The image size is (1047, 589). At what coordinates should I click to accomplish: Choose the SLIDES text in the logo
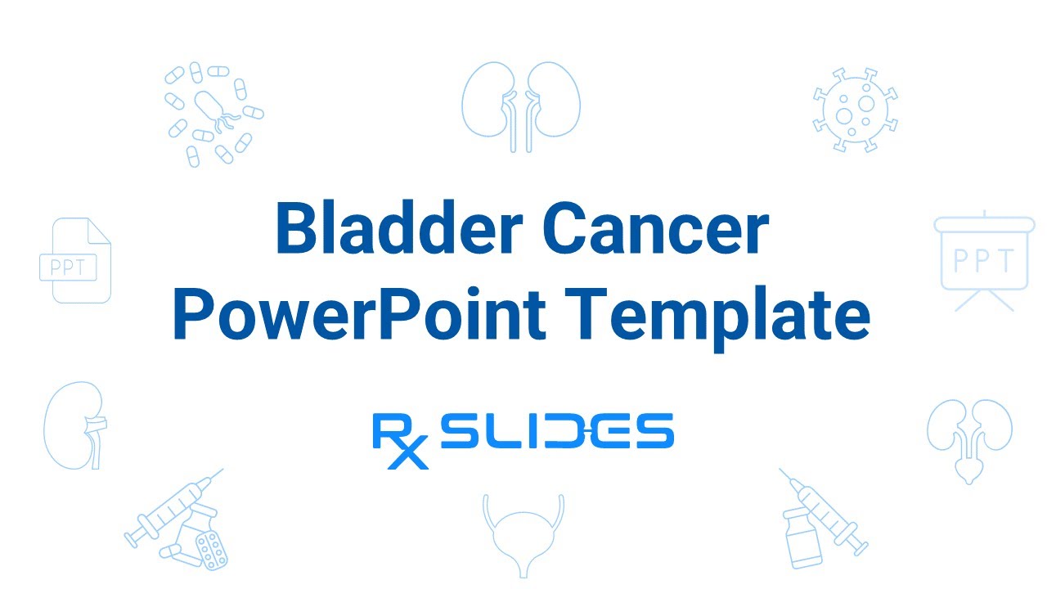[x=556, y=431]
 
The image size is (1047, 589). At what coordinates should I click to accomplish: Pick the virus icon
[x=855, y=110]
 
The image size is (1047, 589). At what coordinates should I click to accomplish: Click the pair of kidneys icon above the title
[x=521, y=106]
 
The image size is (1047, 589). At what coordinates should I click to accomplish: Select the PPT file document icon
[x=75, y=260]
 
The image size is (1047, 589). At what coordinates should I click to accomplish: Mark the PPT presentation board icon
[x=984, y=260]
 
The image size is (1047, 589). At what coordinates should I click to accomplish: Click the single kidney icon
[x=76, y=424]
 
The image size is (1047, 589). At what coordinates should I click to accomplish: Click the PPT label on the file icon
[x=68, y=267]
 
